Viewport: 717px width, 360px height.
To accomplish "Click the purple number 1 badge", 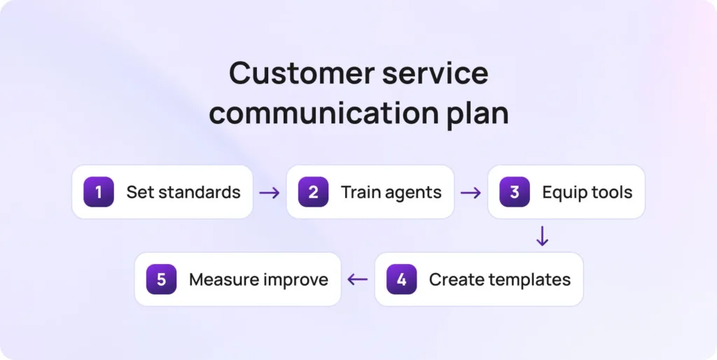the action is pyautogui.click(x=98, y=192).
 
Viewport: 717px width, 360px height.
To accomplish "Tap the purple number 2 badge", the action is pyautogui.click(x=313, y=192).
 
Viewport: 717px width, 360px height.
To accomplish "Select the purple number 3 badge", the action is pyautogui.click(x=515, y=192).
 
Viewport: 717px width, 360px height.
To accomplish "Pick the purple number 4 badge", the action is pyautogui.click(x=401, y=279).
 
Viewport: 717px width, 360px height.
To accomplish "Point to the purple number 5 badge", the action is pyautogui.click(x=162, y=279).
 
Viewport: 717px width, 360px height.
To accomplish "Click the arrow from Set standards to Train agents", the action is pyautogui.click(x=270, y=193).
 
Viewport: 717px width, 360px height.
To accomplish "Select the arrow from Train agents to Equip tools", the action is pyautogui.click(x=471, y=193).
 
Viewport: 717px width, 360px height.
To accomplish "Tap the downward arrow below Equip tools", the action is pyautogui.click(x=542, y=236).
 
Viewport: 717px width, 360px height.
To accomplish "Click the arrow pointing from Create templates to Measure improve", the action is pyautogui.click(x=358, y=279).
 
